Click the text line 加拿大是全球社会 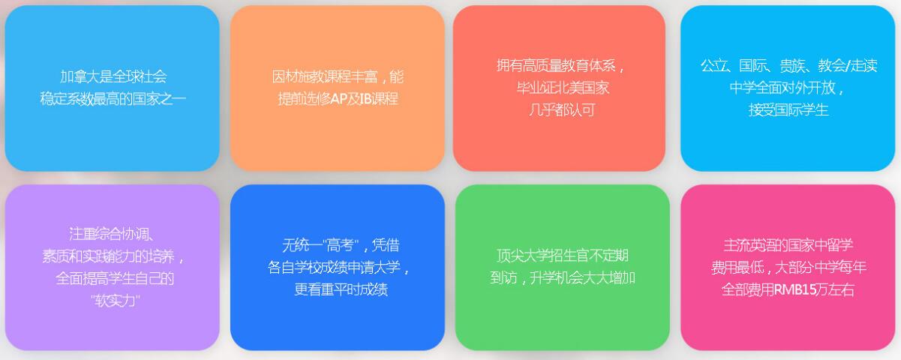113,76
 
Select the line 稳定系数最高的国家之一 113,98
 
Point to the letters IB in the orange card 365,98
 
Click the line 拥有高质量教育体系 557,65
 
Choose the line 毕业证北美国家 563,88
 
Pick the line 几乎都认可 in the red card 562,109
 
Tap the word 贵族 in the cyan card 792,65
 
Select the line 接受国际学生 788,109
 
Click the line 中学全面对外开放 782,88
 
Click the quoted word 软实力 115,301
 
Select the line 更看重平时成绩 341,289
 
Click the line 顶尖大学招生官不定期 563,256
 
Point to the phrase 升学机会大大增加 582,278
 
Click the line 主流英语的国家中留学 788,245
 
